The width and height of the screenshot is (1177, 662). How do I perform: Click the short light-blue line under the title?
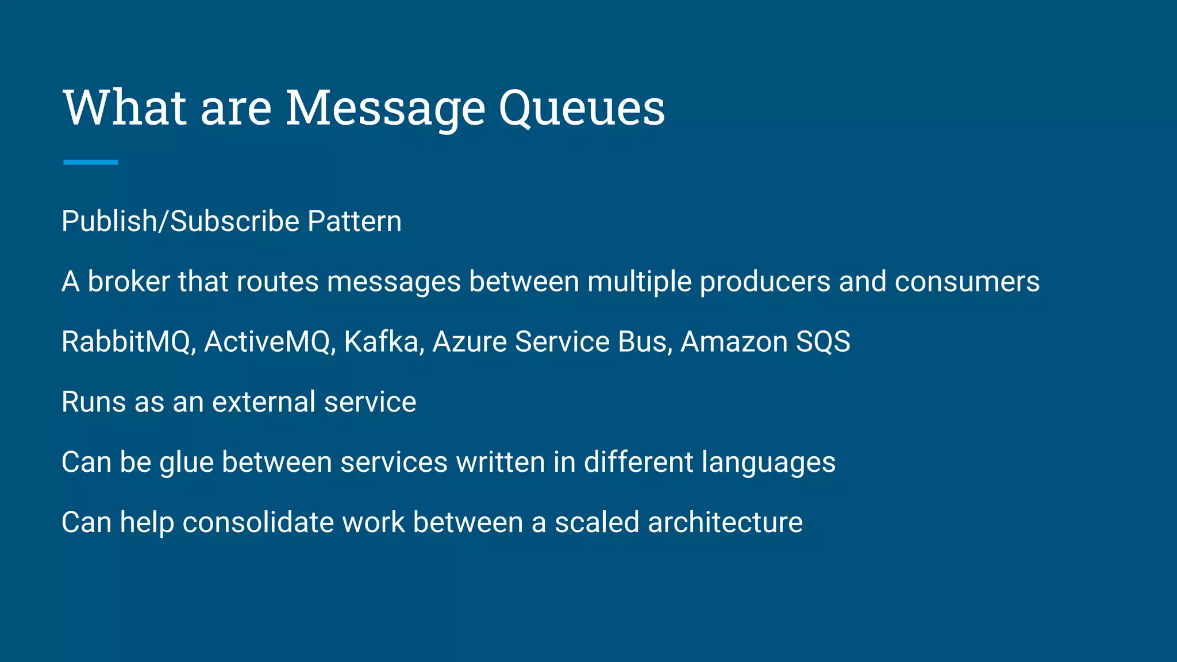91,163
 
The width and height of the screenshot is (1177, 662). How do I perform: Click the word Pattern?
354,222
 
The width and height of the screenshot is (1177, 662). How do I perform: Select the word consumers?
967,282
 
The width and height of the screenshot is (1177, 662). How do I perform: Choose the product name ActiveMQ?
267,342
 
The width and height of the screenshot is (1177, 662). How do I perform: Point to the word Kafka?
382,342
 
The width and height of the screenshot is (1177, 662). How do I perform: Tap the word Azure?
469,342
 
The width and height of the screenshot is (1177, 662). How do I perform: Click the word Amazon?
734,342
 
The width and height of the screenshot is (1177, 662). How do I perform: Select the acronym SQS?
823,342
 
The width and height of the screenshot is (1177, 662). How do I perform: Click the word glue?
186,463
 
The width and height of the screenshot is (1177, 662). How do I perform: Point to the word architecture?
725,522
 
